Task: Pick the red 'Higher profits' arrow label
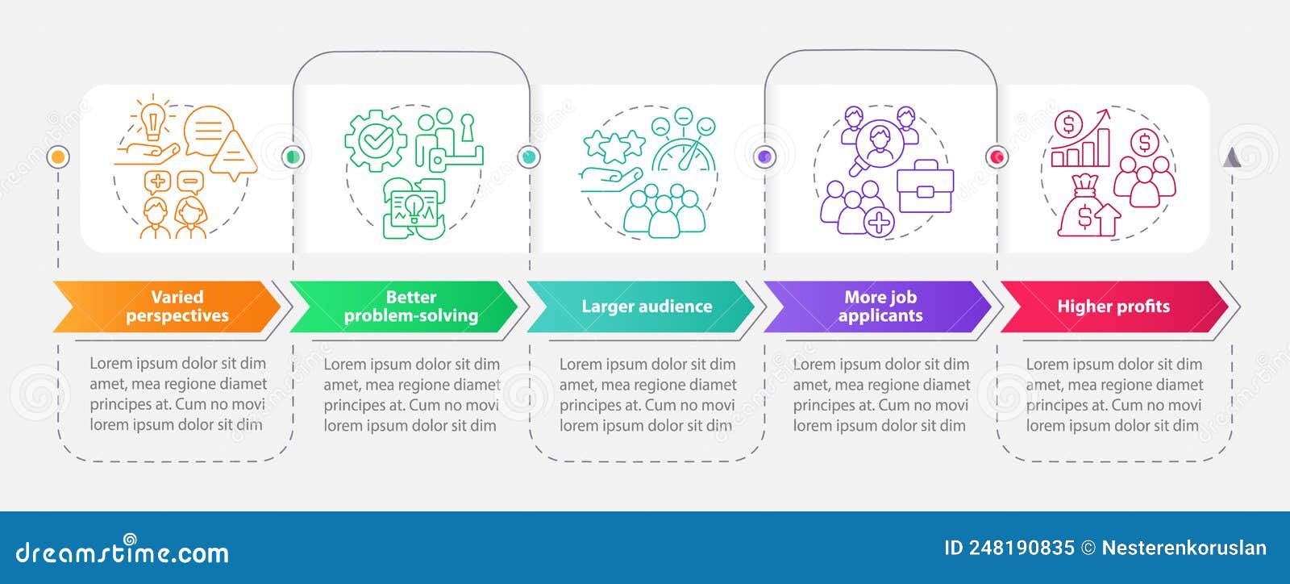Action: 1113,307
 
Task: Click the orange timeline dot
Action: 58,156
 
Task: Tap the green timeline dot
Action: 293,156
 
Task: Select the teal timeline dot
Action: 528,156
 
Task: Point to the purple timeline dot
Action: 764,156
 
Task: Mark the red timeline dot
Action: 997,156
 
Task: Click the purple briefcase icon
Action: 925,186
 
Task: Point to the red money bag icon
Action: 1084,208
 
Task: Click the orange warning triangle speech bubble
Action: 233,153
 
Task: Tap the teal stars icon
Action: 614,145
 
